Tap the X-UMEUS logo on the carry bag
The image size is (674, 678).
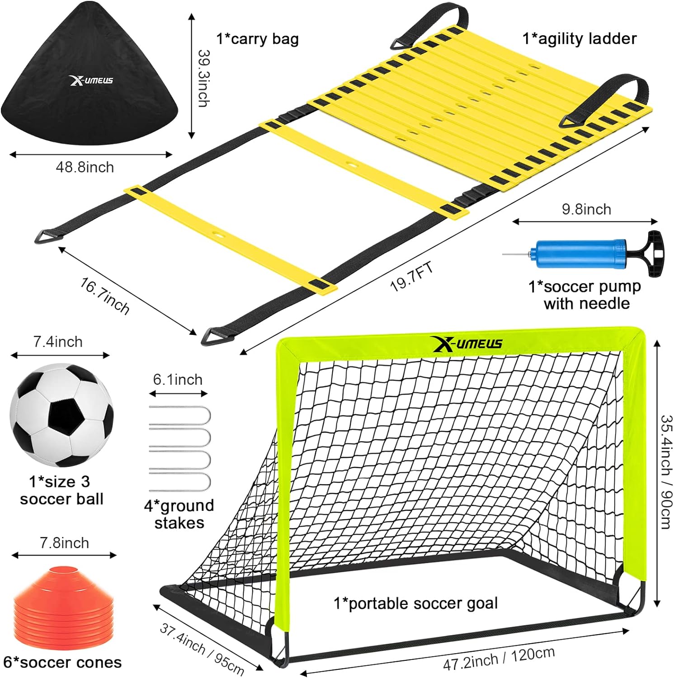(x=91, y=80)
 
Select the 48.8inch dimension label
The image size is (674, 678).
(x=85, y=167)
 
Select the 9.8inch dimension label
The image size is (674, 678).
(x=586, y=209)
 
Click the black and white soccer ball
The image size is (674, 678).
(x=61, y=415)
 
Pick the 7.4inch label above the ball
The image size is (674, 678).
(x=58, y=342)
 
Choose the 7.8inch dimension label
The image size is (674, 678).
(x=64, y=543)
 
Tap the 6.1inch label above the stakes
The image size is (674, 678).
(x=178, y=380)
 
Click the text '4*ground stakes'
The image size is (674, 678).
(x=179, y=514)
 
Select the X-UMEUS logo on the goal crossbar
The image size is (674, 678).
(x=467, y=344)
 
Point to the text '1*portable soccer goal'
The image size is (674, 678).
(x=416, y=603)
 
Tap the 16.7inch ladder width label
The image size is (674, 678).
(x=104, y=296)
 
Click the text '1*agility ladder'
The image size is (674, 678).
(x=580, y=39)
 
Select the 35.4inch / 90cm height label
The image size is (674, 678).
(x=666, y=471)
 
